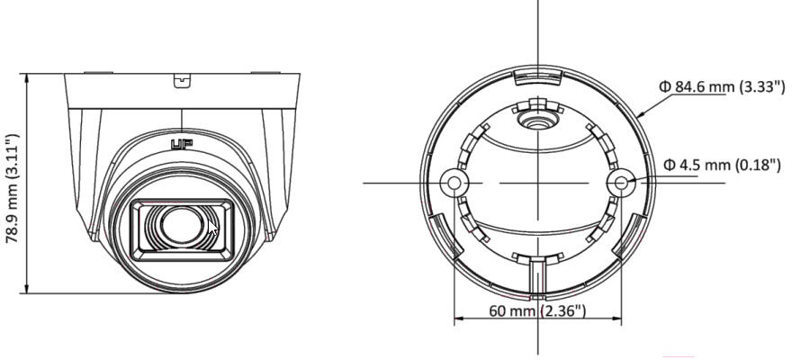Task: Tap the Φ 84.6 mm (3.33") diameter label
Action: pyautogui.click(x=723, y=86)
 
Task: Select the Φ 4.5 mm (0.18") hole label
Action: pyautogui.click(x=723, y=165)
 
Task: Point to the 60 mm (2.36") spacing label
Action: pyautogui.click(x=537, y=310)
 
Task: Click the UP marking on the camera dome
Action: pyautogui.click(x=181, y=146)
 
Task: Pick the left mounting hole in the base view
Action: pyautogui.click(x=454, y=183)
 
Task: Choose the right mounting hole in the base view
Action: pyautogui.click(x=622, y=182)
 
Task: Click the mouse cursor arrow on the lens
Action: pyautogui.click(x=213, y=228)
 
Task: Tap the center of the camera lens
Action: pyautogui.click(x=181, y=225)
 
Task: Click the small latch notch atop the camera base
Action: pyautogui.click(x=182, y=81)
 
